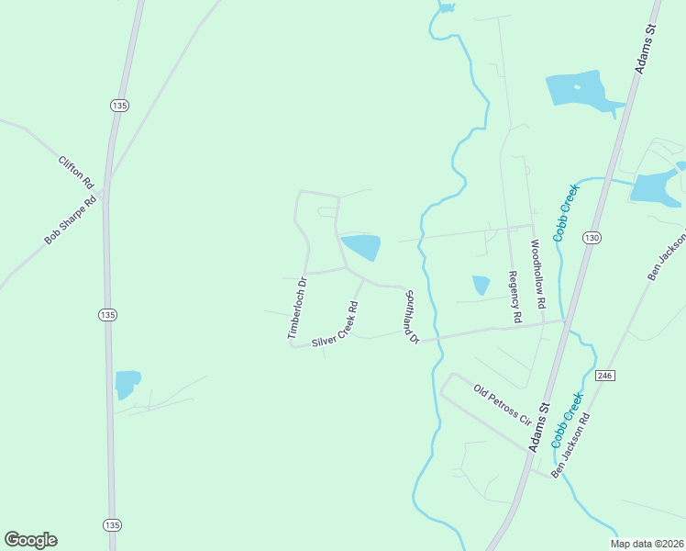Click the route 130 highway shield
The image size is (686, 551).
pos(592,238)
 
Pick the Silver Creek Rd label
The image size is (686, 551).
pos(334,324)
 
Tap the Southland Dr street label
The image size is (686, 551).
pos(410,318)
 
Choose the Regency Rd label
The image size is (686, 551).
pos(515,297)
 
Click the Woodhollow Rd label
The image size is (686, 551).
pos(538,275)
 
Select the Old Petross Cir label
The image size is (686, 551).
pos(502,403)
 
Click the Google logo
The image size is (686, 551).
pos(30,540)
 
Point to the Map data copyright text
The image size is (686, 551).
pos(647,544)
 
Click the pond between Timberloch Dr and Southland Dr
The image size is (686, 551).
pos(361,247)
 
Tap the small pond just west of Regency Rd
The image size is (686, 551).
pos(481,285)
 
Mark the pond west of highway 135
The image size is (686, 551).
pos(127,383)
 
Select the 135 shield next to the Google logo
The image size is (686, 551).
pos(110,524)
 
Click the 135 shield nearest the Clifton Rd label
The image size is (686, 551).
pos(118,107)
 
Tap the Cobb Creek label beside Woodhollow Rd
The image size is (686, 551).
pos(566,212)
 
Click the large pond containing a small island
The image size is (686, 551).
pos(580,92)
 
